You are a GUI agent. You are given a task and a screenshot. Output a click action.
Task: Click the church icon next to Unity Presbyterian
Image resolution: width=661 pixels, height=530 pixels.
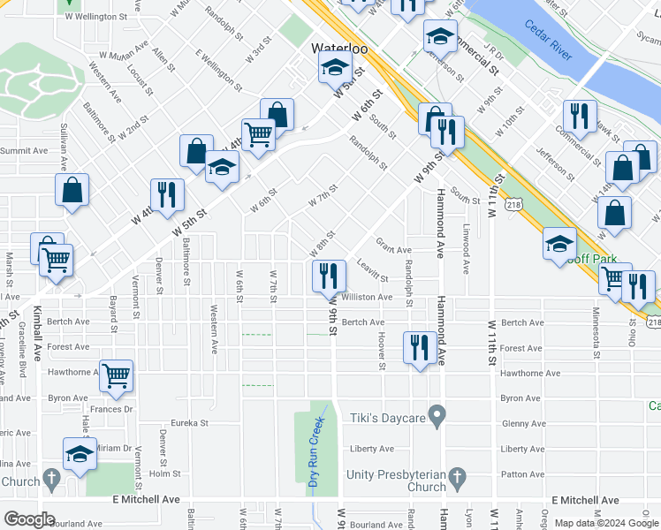pyautogui.click(x=457, y=480)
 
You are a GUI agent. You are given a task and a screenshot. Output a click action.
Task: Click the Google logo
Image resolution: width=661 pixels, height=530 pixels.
pyautogui.click(x=29, y=519)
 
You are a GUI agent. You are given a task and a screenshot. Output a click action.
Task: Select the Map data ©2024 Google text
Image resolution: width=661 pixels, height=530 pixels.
pyautogui.click(x=605, y=523)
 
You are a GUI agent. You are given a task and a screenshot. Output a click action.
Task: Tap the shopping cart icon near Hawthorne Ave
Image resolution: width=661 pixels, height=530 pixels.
pyautogui.click(x=117, y=376)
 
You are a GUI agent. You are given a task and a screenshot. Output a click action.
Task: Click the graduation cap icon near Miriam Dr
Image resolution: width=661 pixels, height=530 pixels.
pyautogui.click(x=80, y=454)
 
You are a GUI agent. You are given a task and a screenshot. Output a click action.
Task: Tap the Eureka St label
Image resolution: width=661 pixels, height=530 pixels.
pyautogui.click(x=189, y=423)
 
